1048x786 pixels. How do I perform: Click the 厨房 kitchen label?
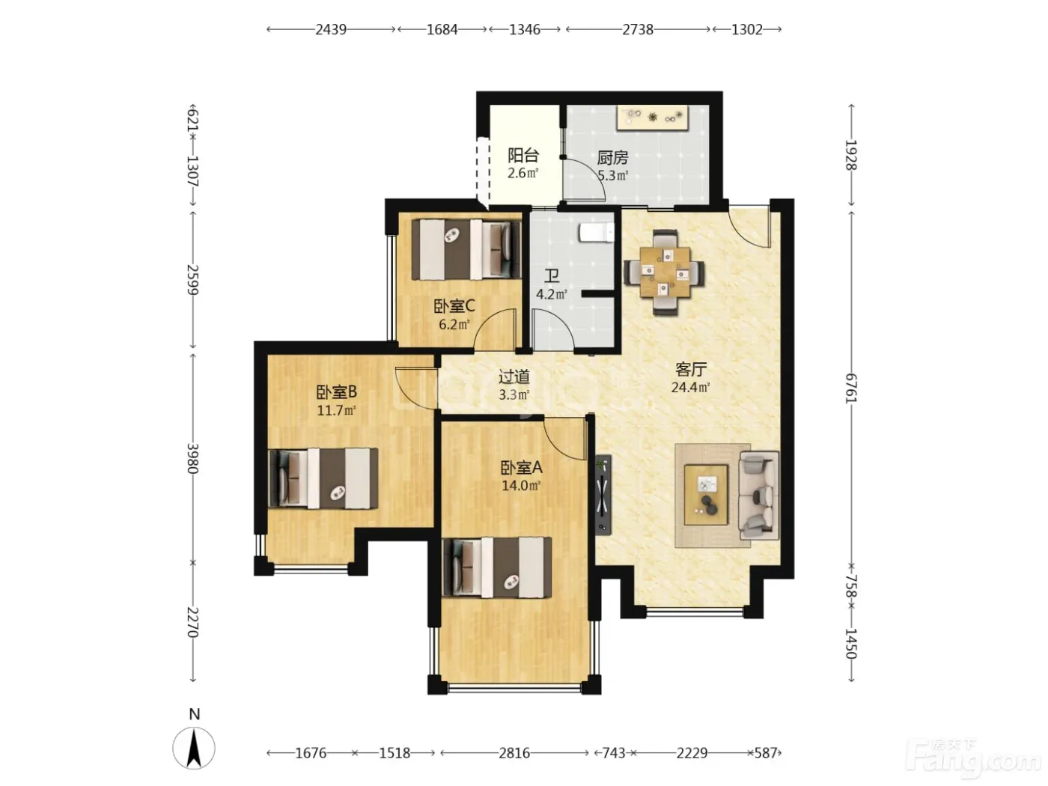[612, 157]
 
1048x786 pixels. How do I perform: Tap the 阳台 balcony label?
[523, 155]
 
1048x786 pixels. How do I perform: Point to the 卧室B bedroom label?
[336, 392]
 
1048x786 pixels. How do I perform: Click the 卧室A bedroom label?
[521, 468]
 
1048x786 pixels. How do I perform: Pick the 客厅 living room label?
[690, 369]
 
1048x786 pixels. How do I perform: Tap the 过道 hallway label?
[514, 377]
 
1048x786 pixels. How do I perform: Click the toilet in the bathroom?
[597, 232]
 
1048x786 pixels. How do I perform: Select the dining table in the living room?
[664, 272]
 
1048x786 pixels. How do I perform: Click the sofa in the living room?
[758, 496]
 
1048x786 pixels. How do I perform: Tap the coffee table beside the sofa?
[706, 495]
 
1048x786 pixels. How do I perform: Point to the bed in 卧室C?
[466, 249]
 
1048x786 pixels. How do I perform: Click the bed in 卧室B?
[323, 478]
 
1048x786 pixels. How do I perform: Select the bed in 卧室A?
[496, 567]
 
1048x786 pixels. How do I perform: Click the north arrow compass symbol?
[193, 749]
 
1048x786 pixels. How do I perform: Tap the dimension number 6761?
[851, 388]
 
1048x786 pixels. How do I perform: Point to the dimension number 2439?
[331, 30]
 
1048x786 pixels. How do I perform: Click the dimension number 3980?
[192, 458]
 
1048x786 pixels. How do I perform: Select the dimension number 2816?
[514, 753]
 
